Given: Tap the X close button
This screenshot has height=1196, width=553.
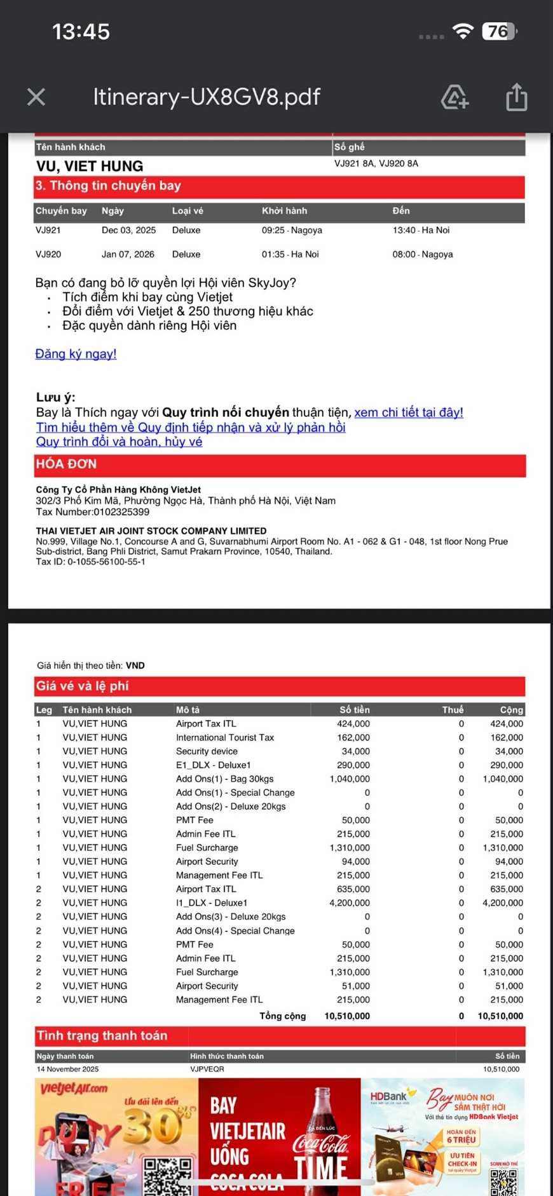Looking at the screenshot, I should pos(36,97).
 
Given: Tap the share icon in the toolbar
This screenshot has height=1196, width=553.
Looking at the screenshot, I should pos(516,97).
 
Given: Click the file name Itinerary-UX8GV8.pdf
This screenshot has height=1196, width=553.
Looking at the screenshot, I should pos(207,97).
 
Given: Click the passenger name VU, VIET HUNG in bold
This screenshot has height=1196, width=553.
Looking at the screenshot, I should pos(90,166).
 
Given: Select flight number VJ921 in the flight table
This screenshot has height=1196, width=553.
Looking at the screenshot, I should pos(48,230).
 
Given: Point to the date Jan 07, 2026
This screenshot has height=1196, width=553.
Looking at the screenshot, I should pos(128,254).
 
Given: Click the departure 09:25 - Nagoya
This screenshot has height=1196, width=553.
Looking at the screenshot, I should pos(292,230).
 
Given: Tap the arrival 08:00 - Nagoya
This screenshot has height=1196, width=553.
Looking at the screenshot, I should pos(423,254).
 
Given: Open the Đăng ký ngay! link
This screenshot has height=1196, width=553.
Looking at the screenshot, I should pos(76,354).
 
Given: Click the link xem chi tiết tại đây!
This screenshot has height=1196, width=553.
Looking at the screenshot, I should pos(409,412).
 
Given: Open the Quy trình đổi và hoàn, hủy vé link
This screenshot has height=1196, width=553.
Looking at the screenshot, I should pos(119,442).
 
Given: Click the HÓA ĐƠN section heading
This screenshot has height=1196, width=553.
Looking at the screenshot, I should pos(66,464).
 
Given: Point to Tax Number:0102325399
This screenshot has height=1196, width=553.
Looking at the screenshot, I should pos(93,512).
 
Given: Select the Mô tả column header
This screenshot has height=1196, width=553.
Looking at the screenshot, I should pos(188,710).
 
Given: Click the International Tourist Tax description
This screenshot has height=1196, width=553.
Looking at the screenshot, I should pos(225,737).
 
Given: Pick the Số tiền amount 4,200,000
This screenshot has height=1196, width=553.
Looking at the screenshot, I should pos(350,902).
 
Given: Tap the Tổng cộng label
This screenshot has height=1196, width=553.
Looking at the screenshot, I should pos(282,1016).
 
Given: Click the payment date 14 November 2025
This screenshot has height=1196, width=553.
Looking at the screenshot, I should pos(67,1069).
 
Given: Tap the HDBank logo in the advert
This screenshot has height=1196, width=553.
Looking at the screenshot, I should pos(389,1096).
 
